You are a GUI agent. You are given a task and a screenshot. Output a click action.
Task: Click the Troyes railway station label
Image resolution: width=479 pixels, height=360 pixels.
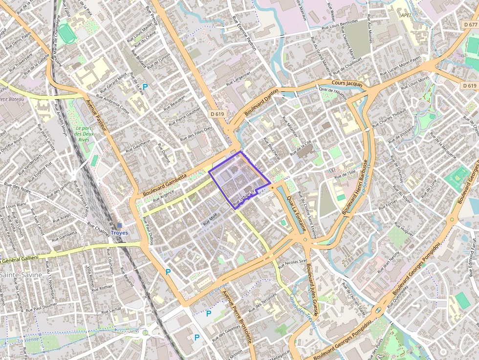pos(119,233)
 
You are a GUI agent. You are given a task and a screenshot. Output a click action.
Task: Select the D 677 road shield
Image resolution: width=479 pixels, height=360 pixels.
pos(470,24)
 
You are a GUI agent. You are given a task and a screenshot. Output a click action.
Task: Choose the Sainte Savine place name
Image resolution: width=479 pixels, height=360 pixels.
pos(15,275)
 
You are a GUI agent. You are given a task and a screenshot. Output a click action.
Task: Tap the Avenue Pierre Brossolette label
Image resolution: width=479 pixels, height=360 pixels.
pos(237,317)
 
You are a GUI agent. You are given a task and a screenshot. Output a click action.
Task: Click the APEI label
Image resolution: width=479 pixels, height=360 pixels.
pos(405,15)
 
